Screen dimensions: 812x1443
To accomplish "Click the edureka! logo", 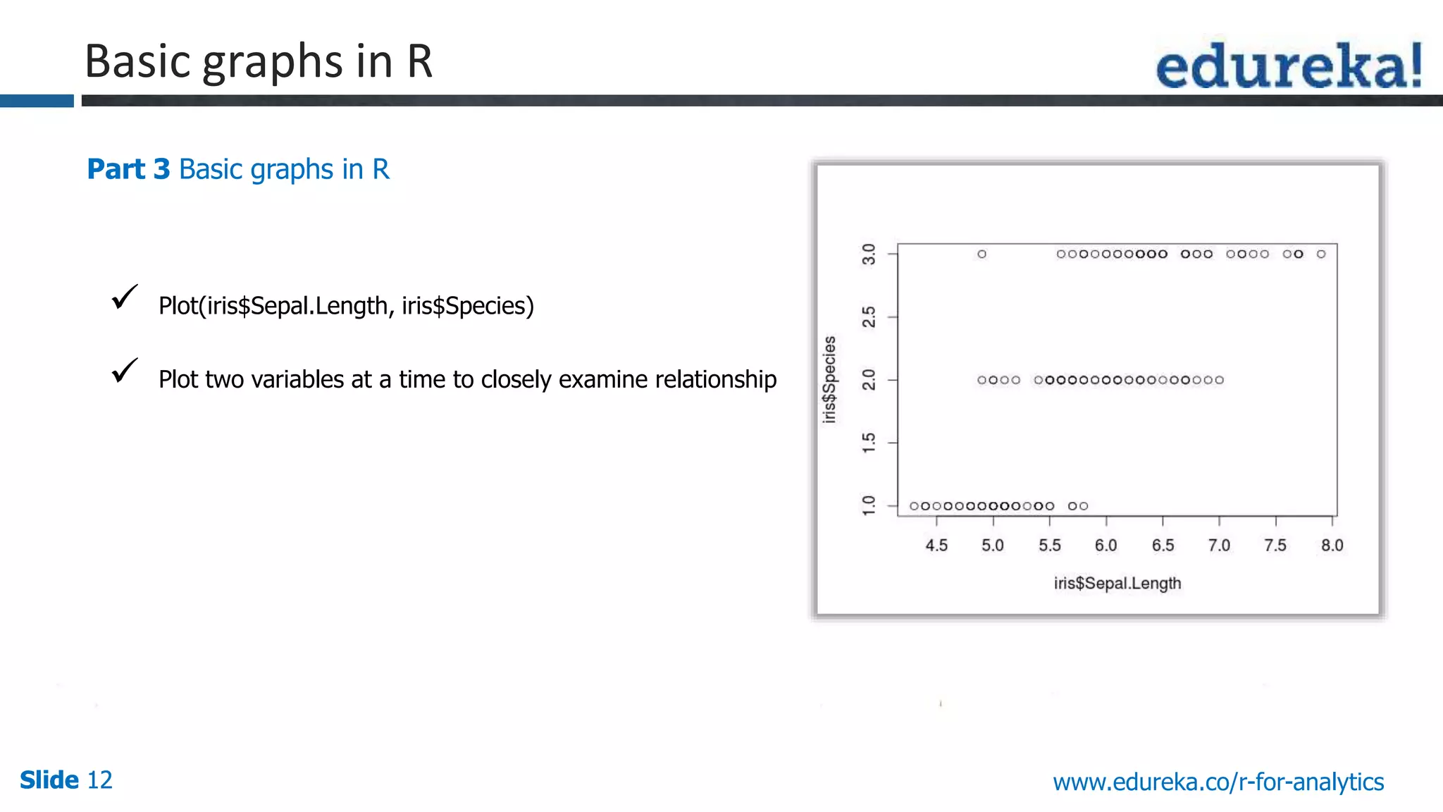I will tap(1289, 66).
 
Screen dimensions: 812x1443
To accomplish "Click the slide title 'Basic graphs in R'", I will tap(258, 61).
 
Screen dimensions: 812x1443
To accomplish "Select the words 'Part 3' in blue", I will tap(128, 169).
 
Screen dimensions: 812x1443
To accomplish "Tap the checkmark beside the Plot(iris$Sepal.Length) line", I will tap(125, 297).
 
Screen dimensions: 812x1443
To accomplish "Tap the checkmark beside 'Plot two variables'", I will tap(125, 370).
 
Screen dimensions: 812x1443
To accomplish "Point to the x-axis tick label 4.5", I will tap(936, 546).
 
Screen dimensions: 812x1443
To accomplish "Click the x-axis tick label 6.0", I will tap(1106, 546).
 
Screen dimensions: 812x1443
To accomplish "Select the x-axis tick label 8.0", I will tap(1332, 546).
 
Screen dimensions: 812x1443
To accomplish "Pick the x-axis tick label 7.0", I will tap(1219, 546).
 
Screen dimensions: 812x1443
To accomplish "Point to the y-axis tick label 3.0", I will tap(869, 254).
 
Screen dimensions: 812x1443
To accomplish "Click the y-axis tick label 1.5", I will tap(869, 443).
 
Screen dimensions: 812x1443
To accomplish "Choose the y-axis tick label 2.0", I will tap(869, 380).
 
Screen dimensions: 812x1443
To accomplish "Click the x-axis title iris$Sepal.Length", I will tap(1117, 584).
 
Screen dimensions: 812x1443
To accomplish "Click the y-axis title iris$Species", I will tap(830, 379).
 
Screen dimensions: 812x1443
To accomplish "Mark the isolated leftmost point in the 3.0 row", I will tap(981, 254).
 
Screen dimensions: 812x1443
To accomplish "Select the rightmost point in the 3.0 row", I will tap(1321, 254).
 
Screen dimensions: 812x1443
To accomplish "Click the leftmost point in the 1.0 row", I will tap(914, 506).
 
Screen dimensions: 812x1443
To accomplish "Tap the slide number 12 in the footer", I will tap(99, 780).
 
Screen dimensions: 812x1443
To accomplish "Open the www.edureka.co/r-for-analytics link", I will tap(1218, 782).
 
